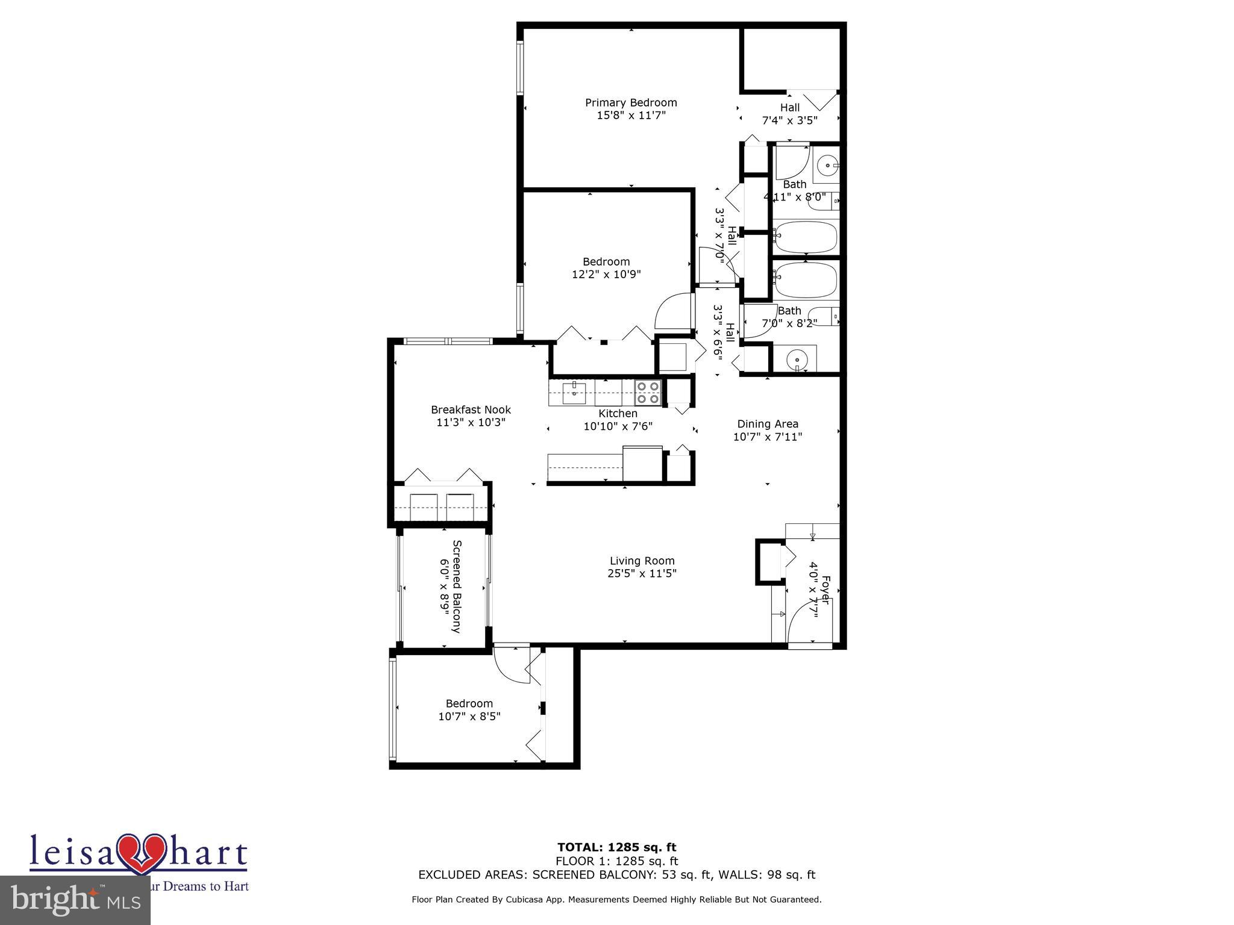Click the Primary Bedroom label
point(631,103)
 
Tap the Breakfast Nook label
point(471,410)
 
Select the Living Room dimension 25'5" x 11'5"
point(642,573)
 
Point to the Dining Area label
point(768,424)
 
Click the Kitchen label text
point(618,414)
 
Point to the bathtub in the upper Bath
point(806,237)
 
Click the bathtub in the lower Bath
point(806,279)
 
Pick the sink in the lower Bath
point(797,360)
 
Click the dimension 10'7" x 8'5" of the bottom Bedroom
point(469,717)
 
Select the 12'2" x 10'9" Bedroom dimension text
point(606,275)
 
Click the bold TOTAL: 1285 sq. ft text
point(617,848)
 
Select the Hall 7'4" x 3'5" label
point(789,114)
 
